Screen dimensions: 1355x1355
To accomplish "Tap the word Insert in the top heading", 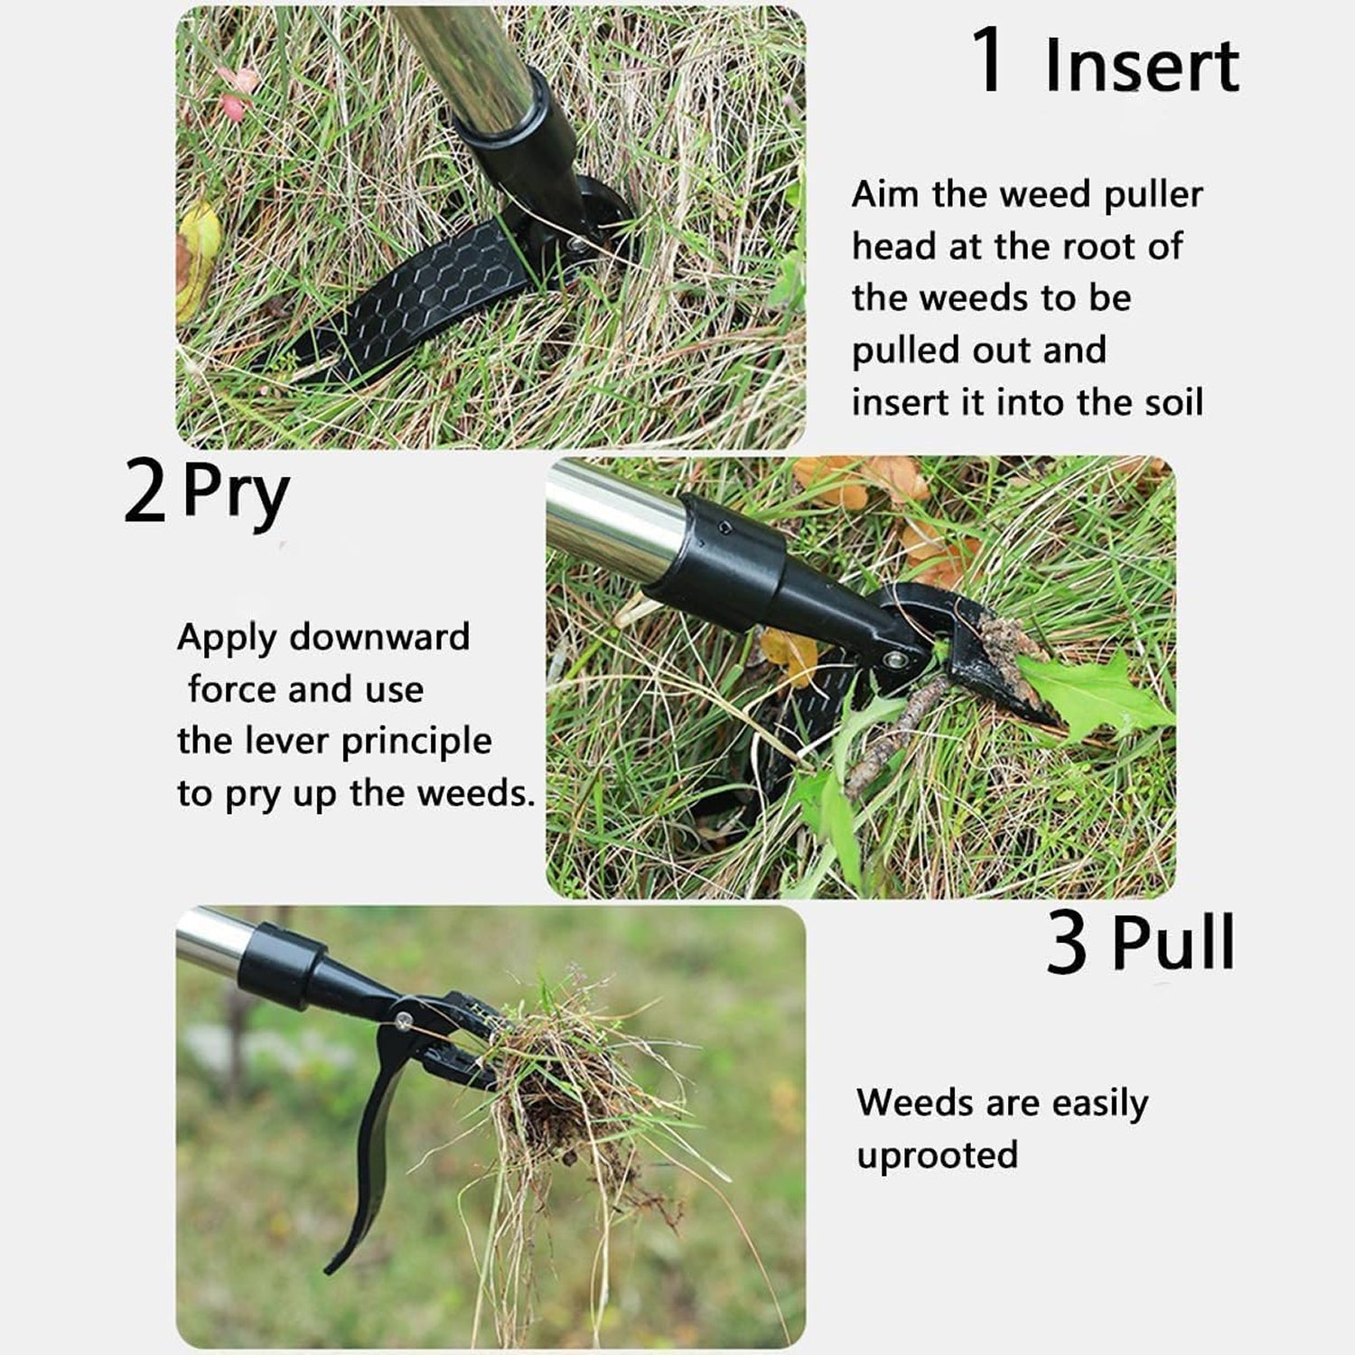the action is pos(1142,65).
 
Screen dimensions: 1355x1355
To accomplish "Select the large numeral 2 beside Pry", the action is pos(145,494).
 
